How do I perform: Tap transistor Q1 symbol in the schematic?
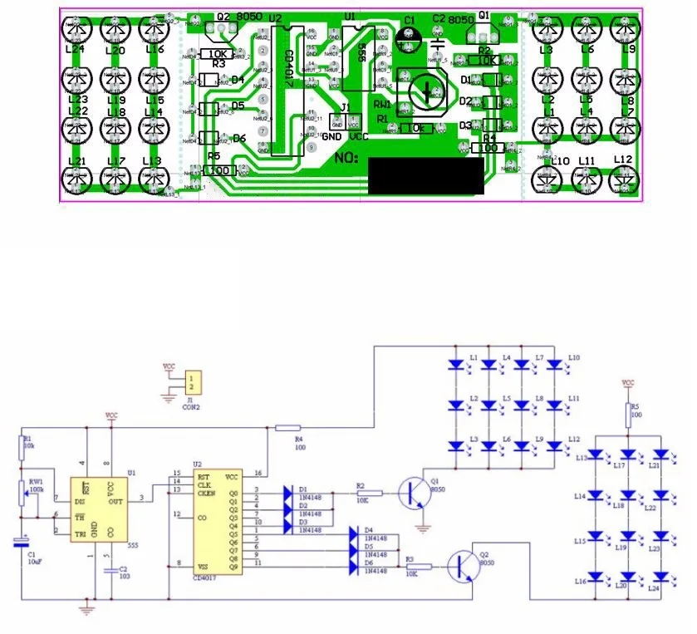tap(413, 493)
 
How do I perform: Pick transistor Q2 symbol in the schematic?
tap(462, 568)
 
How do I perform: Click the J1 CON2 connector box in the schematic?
tap(194, 383)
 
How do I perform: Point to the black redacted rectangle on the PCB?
tap(426, 176)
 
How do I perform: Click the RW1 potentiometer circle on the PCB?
tap(423, 92)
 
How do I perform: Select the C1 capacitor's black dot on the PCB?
tap(410, 36)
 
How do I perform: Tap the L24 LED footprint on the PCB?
tap(77, 29)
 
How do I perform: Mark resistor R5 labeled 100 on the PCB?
tap(218, 170)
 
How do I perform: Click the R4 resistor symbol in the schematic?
tap(287, 427)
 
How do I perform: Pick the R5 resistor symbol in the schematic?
tap(627, 413)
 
